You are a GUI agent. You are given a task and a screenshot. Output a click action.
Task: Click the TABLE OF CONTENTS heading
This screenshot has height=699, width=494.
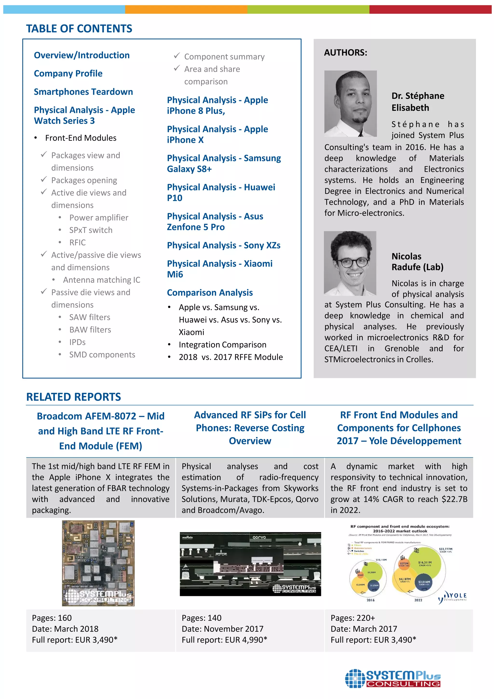pyautogui.click(x=79, y=29)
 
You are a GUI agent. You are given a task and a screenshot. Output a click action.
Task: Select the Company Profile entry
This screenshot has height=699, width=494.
pyautogui.click(x=68, y=73)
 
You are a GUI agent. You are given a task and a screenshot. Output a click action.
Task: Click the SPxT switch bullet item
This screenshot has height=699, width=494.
pyautogui.click(x=90, y=230)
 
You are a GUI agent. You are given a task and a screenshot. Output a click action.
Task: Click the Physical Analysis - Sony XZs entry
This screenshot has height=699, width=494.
pyautogui.click(x=223, y=245)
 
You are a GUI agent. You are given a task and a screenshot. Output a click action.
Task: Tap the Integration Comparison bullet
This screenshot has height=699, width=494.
pyautogui.click(x=222, y=344)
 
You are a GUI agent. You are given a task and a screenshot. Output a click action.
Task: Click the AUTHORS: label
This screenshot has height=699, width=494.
pyautogui.click(x=345, y=53)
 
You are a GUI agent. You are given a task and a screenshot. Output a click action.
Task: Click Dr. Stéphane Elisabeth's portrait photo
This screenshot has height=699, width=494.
pyautogui.click(x=350, y=104)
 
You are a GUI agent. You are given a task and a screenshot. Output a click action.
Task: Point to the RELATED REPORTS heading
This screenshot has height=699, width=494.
pyautogui.click(x=73, y=397)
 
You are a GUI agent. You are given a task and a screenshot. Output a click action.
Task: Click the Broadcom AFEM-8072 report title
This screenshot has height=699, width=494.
pyautogui.click(x=100, y=430)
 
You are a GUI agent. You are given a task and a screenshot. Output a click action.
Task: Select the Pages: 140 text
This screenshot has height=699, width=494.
pyautogui.click(x=201, y=618)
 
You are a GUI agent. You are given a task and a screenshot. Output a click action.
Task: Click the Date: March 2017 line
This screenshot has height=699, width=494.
pyautogui.click(x=364, y=629)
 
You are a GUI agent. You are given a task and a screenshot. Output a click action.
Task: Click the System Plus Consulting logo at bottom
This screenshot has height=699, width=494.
pyautogui.click(x=392, y=678)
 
